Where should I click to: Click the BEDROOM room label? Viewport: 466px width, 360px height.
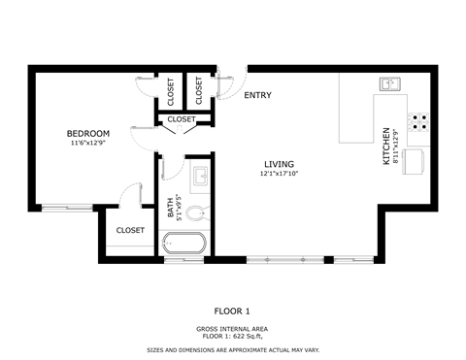[87, 133]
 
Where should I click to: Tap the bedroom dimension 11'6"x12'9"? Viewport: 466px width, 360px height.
[87, 144]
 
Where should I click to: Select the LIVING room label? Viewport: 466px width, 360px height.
[279, 164]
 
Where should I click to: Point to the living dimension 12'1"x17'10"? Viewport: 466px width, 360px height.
[279, 174]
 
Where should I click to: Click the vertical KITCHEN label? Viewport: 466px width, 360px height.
[386, 146]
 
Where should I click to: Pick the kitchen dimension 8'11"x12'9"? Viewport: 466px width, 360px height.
[396, 146]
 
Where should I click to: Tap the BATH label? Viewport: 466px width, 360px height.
[170, 206]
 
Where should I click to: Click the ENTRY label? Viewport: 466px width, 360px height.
[257, 95]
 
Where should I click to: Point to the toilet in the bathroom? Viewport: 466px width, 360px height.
[196, 213]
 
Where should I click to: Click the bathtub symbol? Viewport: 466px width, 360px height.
[184, 243]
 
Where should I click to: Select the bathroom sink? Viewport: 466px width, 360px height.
[200, 178]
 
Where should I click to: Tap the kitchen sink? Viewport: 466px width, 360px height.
[391, 84]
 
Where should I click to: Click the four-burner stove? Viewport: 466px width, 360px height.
[420, 121]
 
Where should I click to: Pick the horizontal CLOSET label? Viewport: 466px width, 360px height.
[181, 119]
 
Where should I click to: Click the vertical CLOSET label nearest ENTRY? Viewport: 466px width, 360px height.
[199, 91]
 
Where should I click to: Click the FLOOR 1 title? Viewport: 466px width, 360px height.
[232, 311]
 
